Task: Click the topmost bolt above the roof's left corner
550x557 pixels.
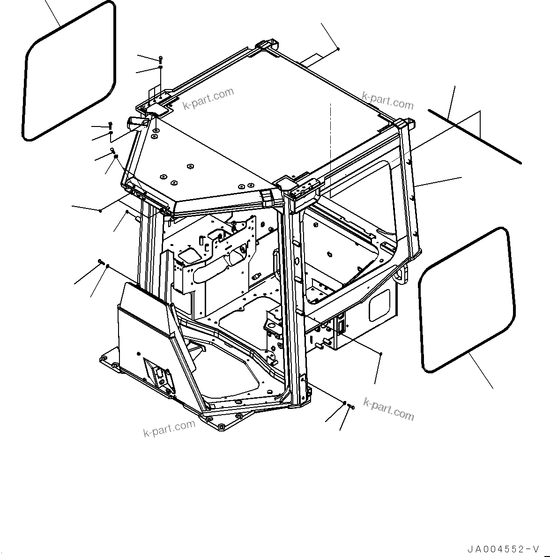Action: [x=161, y=59]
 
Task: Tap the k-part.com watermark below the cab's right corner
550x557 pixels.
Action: [x=389, y=410]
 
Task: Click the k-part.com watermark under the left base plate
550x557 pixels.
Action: [x=169, y=428]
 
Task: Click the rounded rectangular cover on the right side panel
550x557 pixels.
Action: [x=379, y=305]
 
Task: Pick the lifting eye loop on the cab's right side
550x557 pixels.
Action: [x=401, y=274]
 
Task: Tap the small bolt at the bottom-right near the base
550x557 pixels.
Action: [x=352, y=408]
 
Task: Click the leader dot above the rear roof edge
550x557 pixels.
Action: [x=338, y=49]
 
